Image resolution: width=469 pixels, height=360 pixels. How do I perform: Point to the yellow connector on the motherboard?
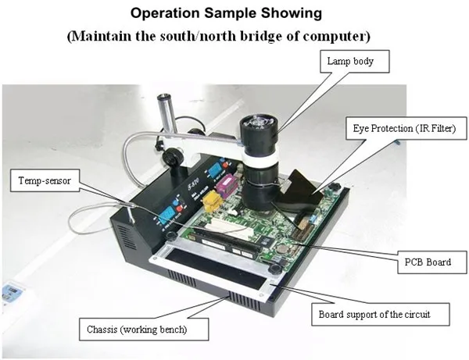[209, 204]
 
